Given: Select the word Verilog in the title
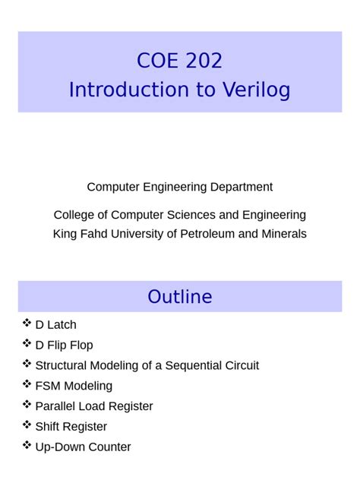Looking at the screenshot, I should point(254,90).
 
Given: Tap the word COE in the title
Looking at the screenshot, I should point(157,61).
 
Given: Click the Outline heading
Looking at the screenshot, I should point(180,296).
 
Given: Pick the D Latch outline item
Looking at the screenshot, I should point(55,325).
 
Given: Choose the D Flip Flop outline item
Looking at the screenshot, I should point(64,346).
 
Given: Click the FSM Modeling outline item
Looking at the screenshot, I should point(74,386).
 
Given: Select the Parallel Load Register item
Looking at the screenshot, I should point(94,406).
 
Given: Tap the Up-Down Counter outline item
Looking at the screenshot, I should point(83,447).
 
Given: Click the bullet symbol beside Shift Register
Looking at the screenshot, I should point(27,425).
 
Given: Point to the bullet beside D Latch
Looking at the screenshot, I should point(27,324).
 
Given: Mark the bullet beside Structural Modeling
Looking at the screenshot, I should point(27,365).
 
